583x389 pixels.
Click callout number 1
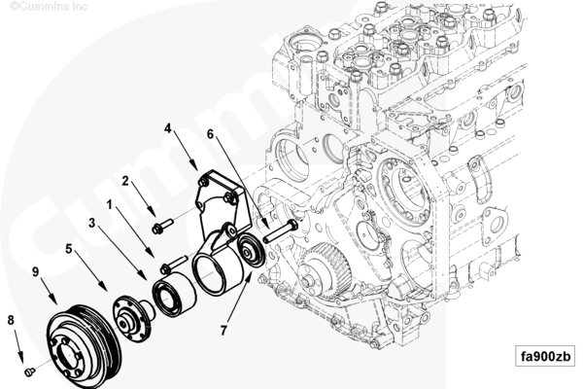pos(111,205)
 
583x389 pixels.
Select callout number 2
pos(125,180)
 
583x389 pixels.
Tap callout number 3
pos(91,223)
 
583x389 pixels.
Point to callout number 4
pos(168,127)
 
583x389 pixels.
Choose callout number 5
pos(70,249)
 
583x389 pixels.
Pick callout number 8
pos(11,318)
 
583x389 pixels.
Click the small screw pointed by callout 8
pos(29,370)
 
